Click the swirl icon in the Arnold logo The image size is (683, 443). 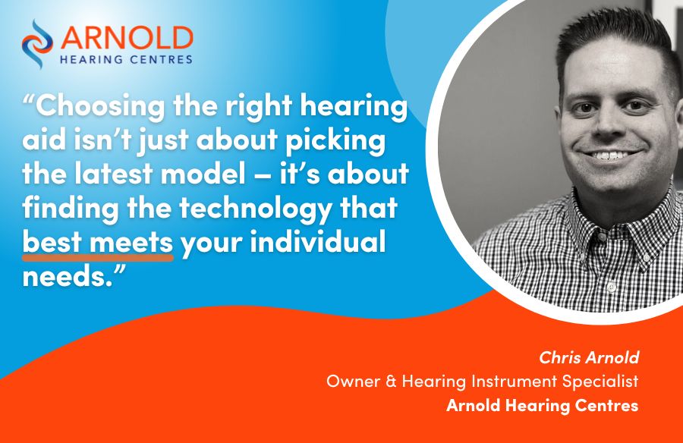(37, 44)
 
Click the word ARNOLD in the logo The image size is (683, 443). (127, 39)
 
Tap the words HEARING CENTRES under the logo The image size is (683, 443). (126, 60)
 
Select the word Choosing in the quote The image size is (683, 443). (101, 106)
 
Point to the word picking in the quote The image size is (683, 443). (335, 140)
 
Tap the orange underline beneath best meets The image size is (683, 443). (98, 258)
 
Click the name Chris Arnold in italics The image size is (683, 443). (589, 357)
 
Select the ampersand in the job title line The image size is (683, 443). (391, 382)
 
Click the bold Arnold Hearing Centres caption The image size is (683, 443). (543, 406)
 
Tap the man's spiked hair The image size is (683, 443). (618, 39)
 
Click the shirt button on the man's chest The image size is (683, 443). (611, 287)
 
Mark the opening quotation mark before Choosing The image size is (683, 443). (28, 99)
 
